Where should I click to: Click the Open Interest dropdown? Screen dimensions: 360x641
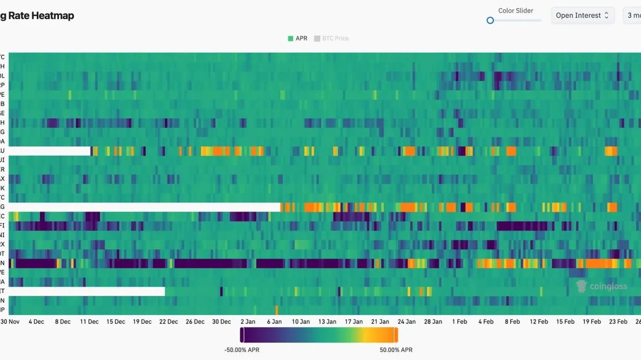[x=582, y=15]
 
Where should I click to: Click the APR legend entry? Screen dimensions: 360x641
[x=298, y=38]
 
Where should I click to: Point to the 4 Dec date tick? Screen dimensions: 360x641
[x=37, y=322]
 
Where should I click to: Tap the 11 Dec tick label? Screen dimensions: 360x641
[x=89, y=322]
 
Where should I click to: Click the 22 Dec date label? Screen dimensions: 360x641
[x=169, y=322]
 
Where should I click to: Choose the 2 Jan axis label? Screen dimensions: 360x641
[x=248, y=322]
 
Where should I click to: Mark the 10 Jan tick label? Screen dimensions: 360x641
[x=301, y=322]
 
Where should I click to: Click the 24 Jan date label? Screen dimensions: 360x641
[x=407, y=322]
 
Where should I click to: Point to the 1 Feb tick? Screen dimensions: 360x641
[x=459, y=322]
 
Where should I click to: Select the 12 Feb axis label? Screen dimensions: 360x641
[x=538, y=322]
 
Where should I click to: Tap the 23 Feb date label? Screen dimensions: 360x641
[x=618, y=322]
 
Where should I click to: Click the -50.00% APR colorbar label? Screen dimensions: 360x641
[x=242, y=350]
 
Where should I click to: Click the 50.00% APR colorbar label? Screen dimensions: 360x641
[x=396, y=350]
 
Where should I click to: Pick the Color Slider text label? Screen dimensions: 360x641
[x=515, y=11]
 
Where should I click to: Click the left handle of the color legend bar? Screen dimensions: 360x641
[x=242, y=335]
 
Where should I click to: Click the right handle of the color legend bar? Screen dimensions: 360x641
[x=396, y=335]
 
